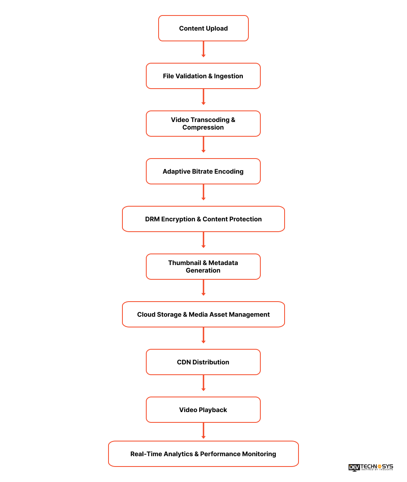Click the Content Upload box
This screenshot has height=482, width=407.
[203, 28]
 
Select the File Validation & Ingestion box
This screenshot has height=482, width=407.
[203, 76]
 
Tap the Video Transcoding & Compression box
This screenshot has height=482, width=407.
[203, 124]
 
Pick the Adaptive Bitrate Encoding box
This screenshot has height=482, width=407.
[203, 171]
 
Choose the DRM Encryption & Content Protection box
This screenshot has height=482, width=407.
[203, 219]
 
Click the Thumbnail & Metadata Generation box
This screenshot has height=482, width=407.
[203, 267]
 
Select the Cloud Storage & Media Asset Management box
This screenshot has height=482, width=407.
[203, 314]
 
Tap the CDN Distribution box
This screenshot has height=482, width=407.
[203, 362]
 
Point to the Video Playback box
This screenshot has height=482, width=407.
[203, 410]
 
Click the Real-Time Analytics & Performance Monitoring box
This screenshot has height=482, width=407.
[203, 454]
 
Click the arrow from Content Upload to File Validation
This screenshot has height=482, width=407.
[203, 49]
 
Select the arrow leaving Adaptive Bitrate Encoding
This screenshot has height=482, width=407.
[203, 192]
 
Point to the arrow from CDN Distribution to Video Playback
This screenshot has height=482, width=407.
[203, 383]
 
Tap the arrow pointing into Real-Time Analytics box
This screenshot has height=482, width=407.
[203, 430]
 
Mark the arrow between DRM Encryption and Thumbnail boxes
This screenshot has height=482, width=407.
[203, 240]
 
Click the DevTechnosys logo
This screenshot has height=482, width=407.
[370, 467]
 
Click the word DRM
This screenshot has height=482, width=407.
[152, 219]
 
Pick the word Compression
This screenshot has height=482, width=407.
[203, 128]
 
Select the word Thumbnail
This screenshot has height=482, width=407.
[184, 263]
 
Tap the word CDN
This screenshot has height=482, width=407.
[184, 362]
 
